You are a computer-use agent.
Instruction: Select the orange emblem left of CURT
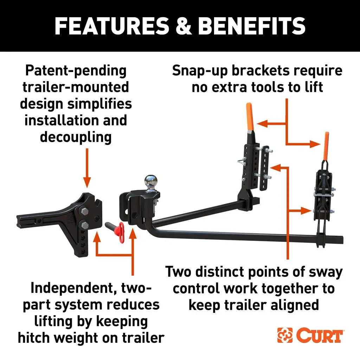285,335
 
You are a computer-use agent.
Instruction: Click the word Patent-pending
76,71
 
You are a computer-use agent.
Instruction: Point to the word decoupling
76,137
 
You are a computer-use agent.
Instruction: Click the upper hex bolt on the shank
85,212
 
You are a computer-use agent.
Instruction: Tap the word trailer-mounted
76,87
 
